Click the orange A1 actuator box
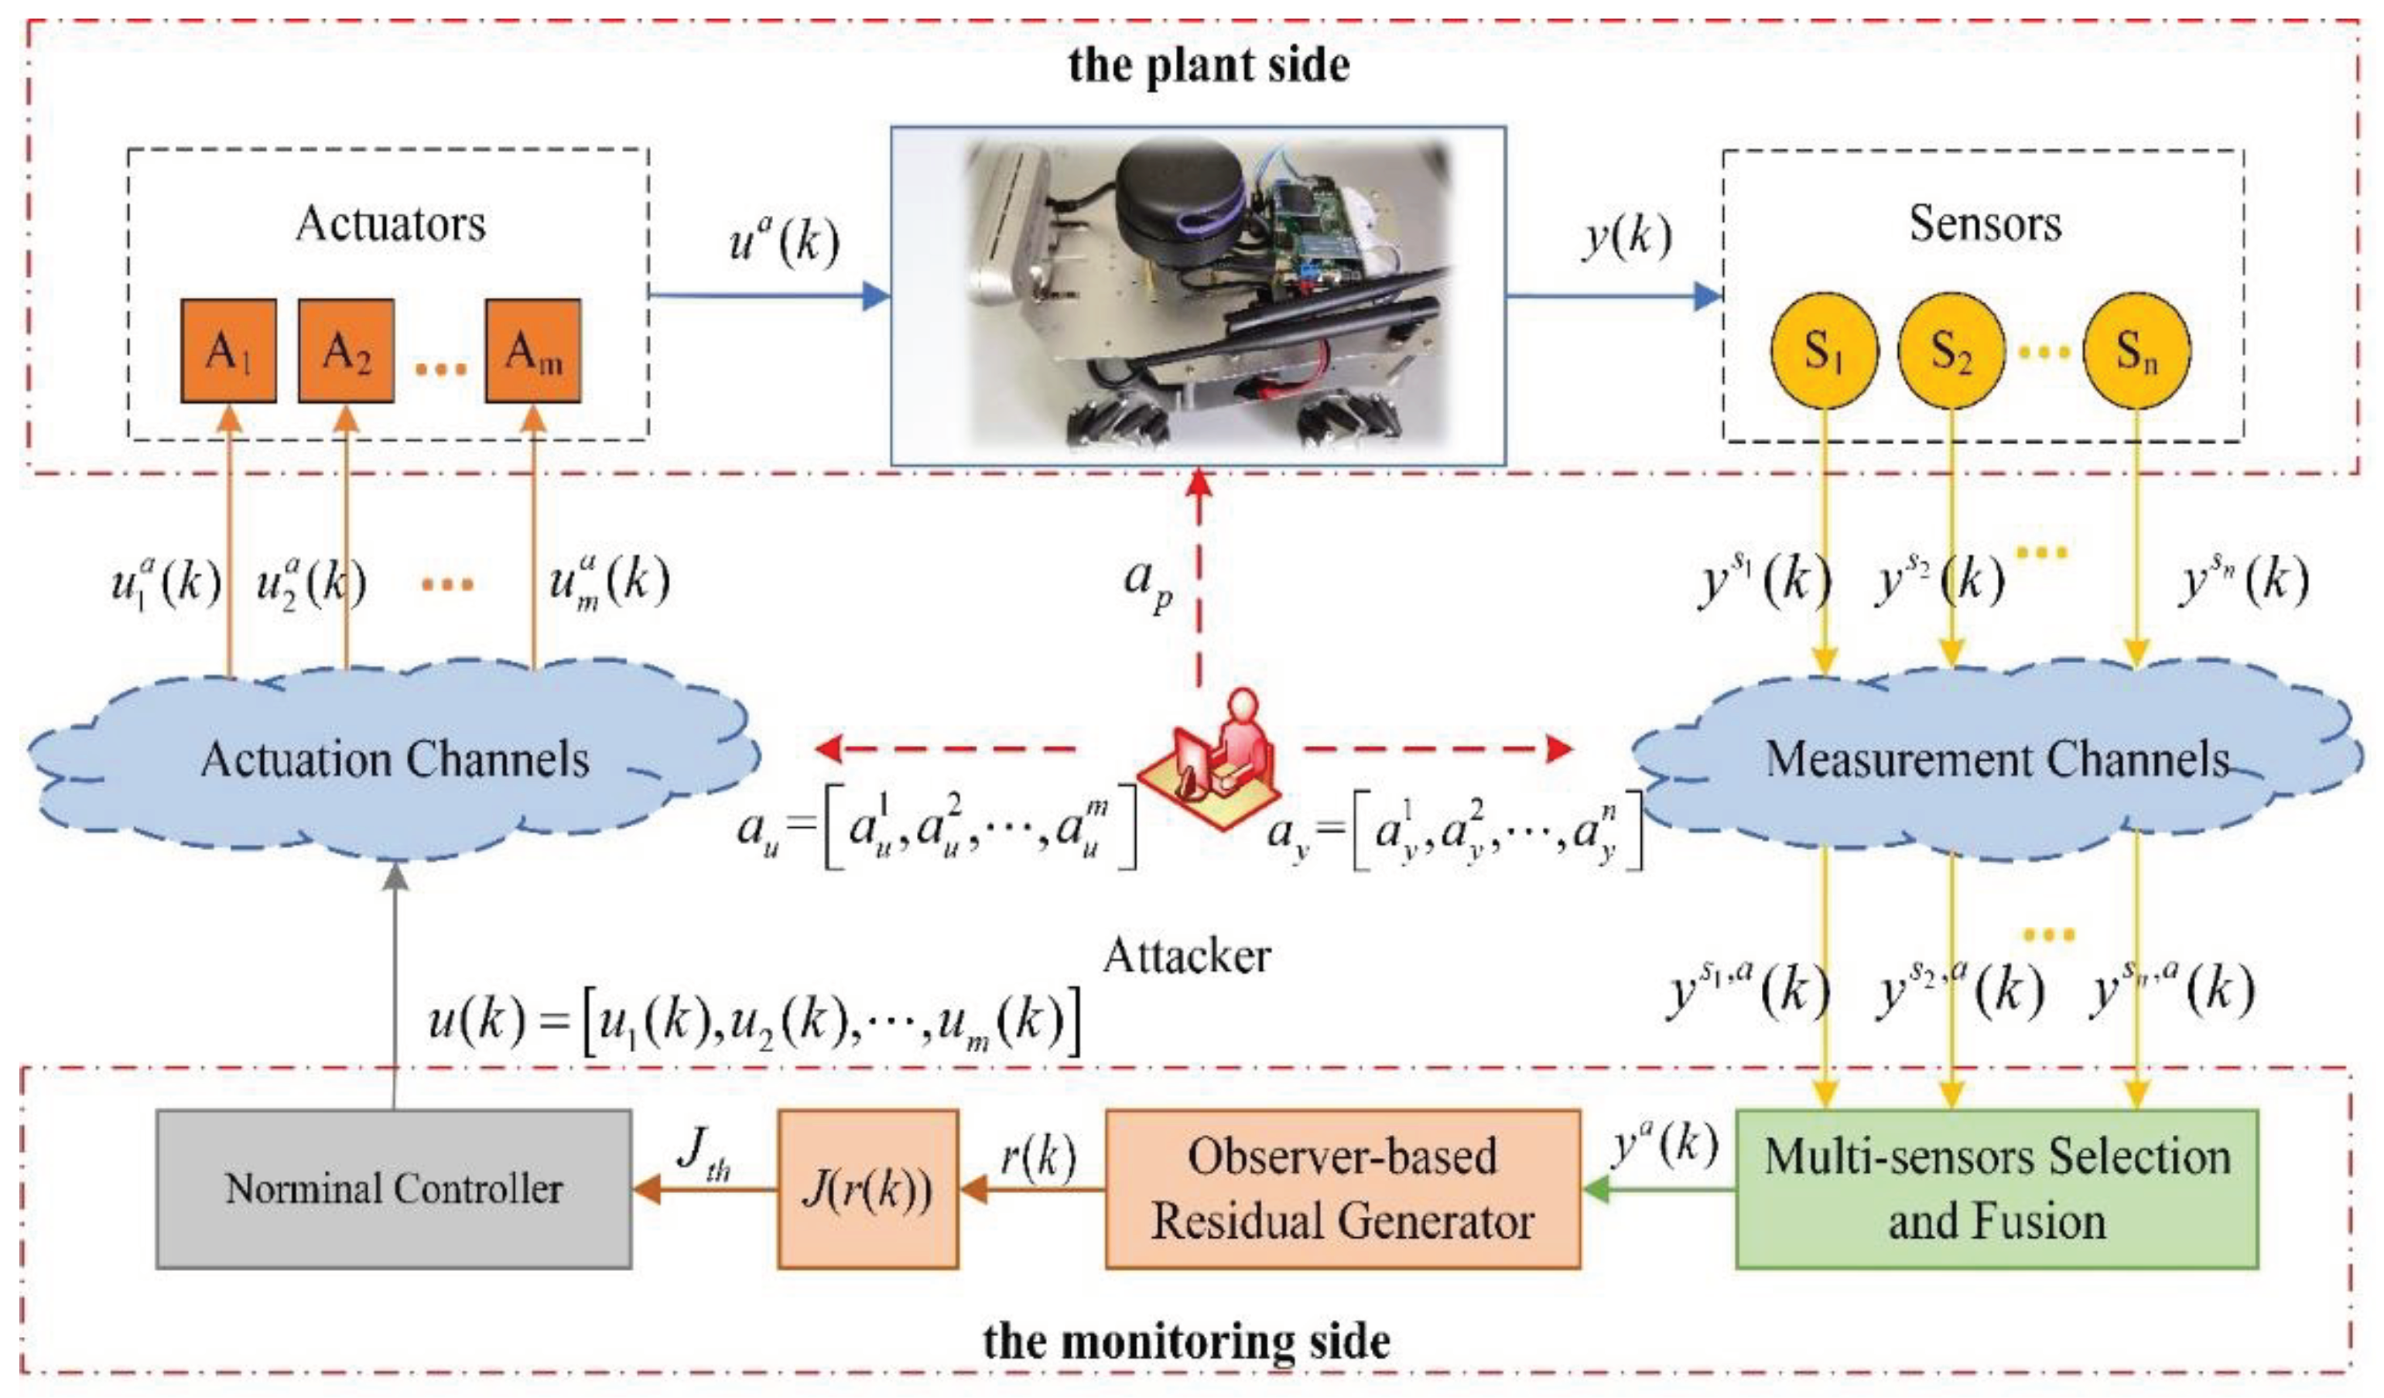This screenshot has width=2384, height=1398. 229,351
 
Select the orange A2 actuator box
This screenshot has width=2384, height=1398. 346,351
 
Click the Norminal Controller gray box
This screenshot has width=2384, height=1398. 394,1189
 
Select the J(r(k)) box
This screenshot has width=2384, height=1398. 867,1189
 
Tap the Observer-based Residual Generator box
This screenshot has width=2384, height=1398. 1343,1189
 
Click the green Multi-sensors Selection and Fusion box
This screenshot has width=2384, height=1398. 1997,1189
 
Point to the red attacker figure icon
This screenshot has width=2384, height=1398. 1212,757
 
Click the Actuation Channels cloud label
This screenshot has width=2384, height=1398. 395,760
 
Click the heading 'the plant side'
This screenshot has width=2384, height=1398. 1209,65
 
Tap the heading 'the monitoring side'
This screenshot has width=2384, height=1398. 1186,1340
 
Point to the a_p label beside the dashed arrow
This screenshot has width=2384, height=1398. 1148,583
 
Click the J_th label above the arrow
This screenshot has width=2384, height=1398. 705,1154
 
